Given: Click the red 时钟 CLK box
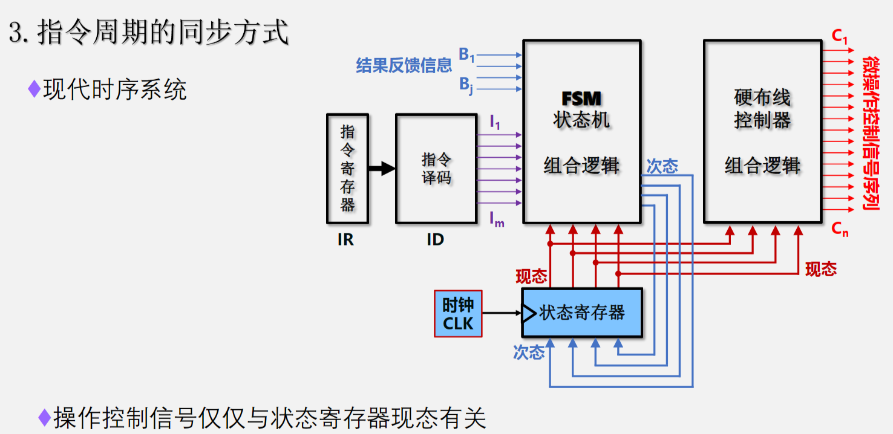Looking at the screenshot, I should (x=458, y=314).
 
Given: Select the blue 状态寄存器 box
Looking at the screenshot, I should (x=581, y=313).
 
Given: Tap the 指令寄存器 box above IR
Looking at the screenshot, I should (x=347, y=168).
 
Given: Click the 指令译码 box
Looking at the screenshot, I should (x=436, y=169).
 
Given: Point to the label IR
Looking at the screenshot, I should (x=345, y=240).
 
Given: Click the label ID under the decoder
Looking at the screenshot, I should (x=435, y=240).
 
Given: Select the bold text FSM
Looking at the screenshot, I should (x=581, y=99).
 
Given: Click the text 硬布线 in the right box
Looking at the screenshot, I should (x=762, y=97).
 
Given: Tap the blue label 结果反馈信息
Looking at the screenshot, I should (x=404, y=65).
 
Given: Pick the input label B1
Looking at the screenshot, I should (x=466, y=55).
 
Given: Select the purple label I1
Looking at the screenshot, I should (x=495, y=123).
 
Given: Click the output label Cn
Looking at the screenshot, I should (x=839, y=228).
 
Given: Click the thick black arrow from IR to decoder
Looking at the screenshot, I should (x=381, y=169).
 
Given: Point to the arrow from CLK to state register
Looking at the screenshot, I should (x=502, y=313).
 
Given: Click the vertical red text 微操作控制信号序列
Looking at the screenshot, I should (x=871, y=133).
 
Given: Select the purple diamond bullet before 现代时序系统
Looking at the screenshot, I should (x=34, y=89).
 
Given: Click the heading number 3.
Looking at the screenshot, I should (x=16, y=33).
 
